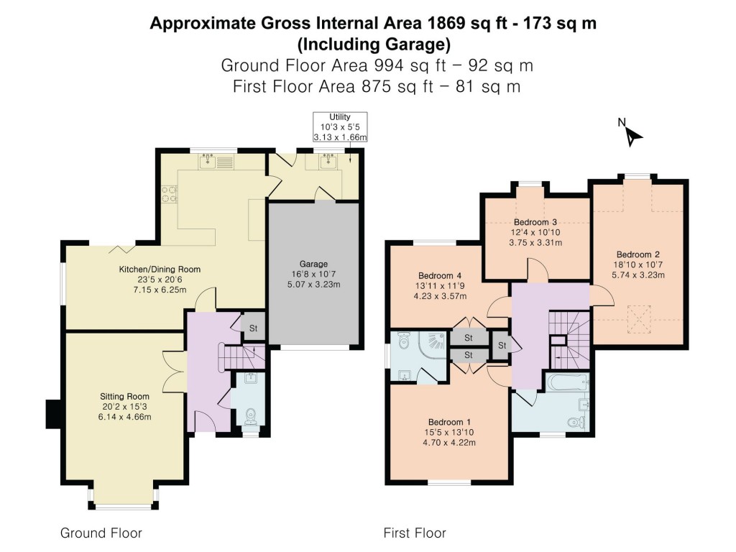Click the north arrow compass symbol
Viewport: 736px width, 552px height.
pyautogui.click(x=632, y=134)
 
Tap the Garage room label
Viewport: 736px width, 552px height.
pyautogui.click(x=313, y=264)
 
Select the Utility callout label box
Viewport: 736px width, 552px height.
pyautogui.click(x=340, y=126)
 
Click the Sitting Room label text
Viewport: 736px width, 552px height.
pyautogui.click(x=124, y=396)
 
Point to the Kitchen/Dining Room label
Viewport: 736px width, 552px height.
pyautogui.click(x=160, y=270)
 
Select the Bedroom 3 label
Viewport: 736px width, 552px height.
pyautogui.click(x=535, y=222)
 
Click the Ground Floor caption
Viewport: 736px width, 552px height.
pyautogui.click(x=101, y=533)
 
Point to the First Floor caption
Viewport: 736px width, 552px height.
pyautogui.click(x=415, y=533)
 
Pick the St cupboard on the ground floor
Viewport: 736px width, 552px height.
pyautogui.click(x=253, y=328)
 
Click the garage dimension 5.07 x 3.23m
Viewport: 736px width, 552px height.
pyautogui.click(x=313, y=285)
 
